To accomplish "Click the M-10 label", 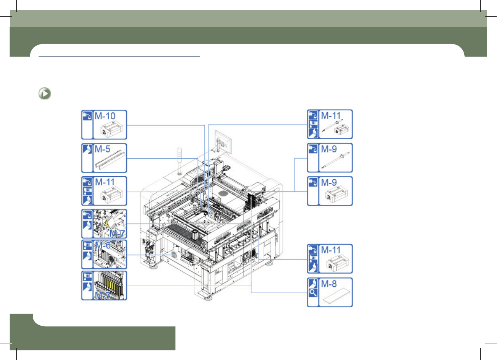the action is pyautogui.click(x=105, y=116).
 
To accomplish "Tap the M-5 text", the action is pyautogui.click(x=102, y=149).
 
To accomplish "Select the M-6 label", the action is pyautogui.click(x=103, y=245).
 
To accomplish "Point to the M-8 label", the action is pyautogui.click(x=329, y=284).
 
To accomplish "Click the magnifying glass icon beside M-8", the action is pyautogui.click(x=313, y=293).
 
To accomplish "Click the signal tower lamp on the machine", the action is pyautogui.click(x=180, y=161).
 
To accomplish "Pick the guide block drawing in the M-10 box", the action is pyautogui.click(x=111, y=130).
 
